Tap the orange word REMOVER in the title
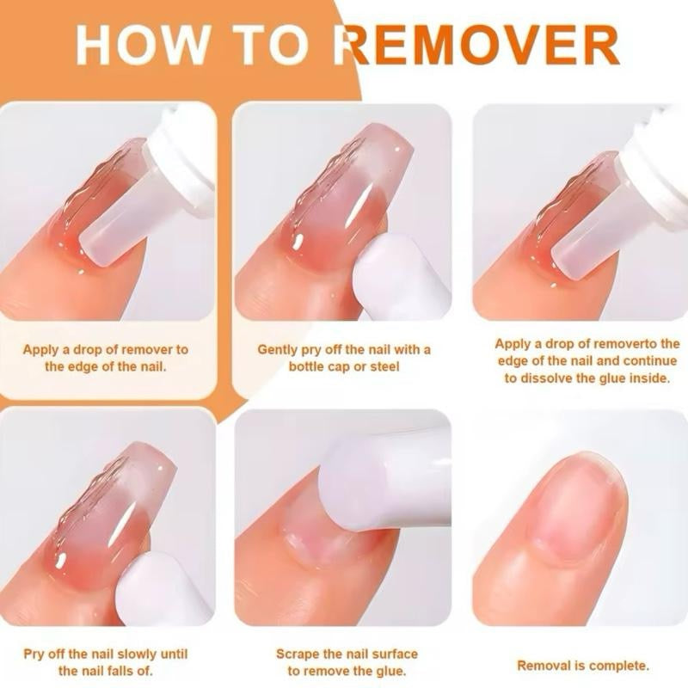tap(482, 45)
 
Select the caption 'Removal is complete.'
tap(583, 665)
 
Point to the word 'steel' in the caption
tap(384, 366)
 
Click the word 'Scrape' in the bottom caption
tap(298, 654)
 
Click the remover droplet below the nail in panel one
tap(80, 272)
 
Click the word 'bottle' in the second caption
tap(307, 366)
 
